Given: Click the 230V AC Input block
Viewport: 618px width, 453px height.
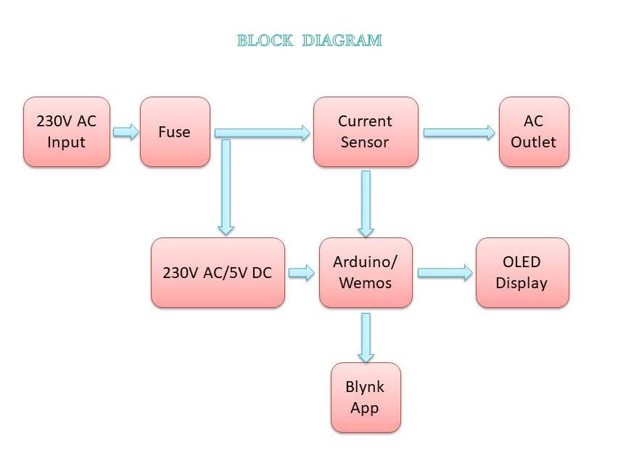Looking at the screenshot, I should pos(66,132).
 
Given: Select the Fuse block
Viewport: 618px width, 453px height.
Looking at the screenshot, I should pos(175,132).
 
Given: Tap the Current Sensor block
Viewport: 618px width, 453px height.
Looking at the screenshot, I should pos(366,132).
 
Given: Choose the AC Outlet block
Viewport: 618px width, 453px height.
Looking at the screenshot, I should pos(534,132).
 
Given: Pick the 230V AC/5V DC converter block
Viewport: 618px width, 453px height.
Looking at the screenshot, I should pos(218,273).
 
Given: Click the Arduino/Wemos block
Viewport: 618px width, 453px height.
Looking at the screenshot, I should pos(366,273).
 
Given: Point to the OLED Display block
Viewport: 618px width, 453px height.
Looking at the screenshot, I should pos(522,273).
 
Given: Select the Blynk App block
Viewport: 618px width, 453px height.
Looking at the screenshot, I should pos(366,397).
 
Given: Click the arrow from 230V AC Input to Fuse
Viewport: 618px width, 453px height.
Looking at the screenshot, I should pos(125,132).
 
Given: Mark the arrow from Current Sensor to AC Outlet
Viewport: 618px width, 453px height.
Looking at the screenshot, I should pos(459,132).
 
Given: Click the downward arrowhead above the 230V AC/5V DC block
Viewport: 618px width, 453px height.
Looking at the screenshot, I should pos(226,227).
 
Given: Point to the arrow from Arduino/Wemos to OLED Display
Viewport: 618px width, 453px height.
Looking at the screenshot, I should pos(445,273).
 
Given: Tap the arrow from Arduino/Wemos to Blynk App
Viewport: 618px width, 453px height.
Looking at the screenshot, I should pos(366,338).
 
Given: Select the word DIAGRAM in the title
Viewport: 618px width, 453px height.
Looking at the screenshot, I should pos(342,41).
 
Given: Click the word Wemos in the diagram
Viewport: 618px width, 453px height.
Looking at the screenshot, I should pos(366,282).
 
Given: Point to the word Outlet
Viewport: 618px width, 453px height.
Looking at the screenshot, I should pos(534,142).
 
